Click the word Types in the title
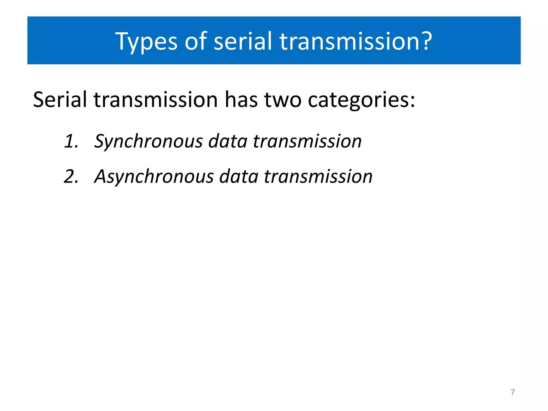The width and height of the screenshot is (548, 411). (146, 41)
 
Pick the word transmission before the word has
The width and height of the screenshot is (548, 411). (156, 100)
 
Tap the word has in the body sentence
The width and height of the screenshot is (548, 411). (241, 100)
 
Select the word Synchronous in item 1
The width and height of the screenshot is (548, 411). (149, 141)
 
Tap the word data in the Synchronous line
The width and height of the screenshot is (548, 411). (228, 141)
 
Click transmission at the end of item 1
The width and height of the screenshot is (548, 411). (307, 141)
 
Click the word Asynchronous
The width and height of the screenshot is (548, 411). (154, 177)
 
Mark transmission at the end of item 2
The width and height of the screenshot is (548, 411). (318, 176)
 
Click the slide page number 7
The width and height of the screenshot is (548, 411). (512, 392)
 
